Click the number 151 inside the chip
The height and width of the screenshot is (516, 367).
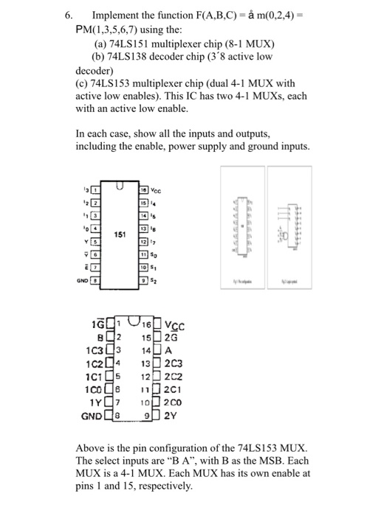pyautogui.click(x=119, y=235)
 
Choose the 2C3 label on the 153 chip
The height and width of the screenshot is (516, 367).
pyautogui.click(x=172, y=364)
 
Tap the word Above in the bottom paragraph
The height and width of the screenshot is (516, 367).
pyautogui.click(x=92, y=449)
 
